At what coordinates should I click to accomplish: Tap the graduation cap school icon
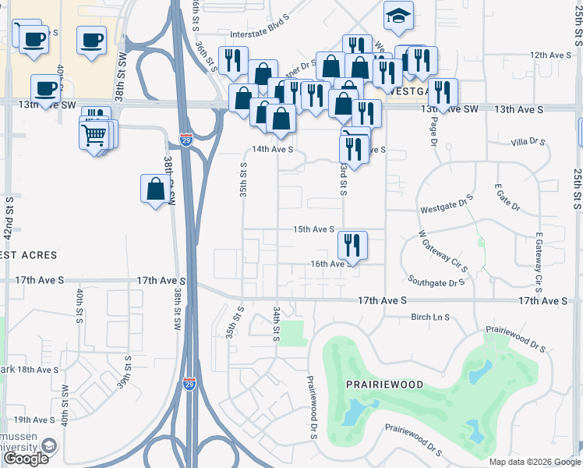pyautogui.click(x=398, y=16)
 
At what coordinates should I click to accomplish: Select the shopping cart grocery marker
pyautogui.click(x=94, y=135)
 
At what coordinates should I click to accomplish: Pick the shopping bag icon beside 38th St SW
pyautogui.click(x=155, y=189)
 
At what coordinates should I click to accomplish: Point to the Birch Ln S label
pyautogui.click(x=431, y=317)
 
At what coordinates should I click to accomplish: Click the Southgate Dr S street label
pyautogui.click(x=436, y=282)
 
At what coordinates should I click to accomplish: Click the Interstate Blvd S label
pyautogui.click(x=266, y=34)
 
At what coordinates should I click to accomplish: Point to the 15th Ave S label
pyautogui.click(x=313, y=229)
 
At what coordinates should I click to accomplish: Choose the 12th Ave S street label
pyautogui.click(x=550, y=55)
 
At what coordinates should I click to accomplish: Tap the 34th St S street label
pyautogui.click(x=276, y=324)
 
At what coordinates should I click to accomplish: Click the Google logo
pyautogui.click(x=26, y=459)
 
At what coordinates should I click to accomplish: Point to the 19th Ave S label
pyautogui.click(x=33, y=420)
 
